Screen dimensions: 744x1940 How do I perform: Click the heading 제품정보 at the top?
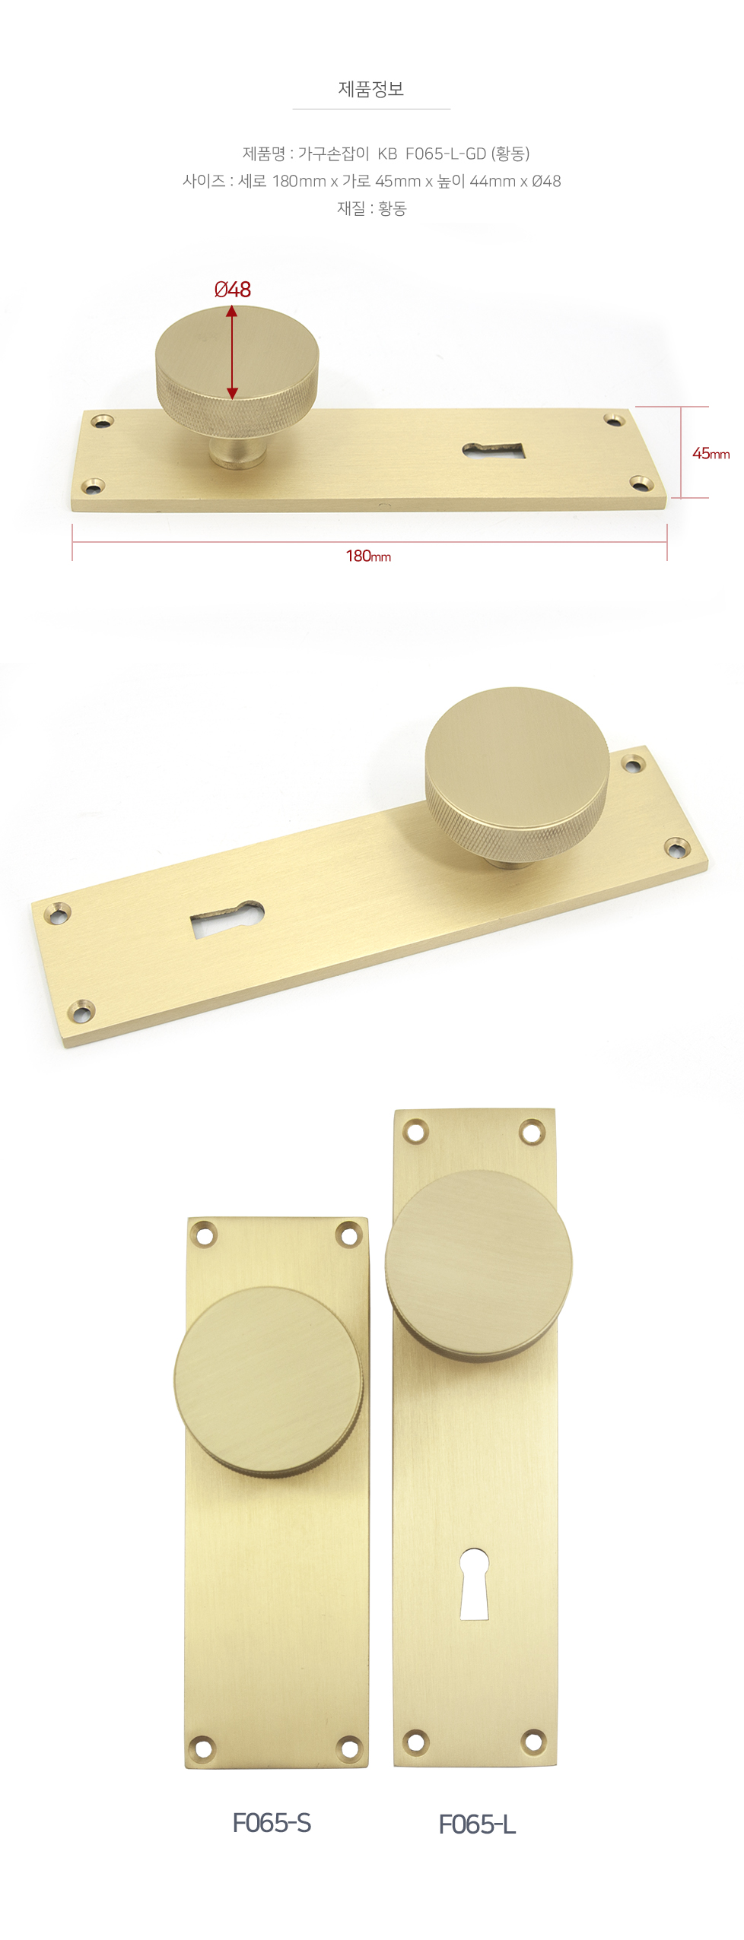[371, 89]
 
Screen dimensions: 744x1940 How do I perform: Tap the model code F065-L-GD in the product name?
[446, 154]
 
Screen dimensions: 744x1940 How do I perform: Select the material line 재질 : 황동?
[372, 208]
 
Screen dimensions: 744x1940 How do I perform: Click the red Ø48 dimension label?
[233, 289]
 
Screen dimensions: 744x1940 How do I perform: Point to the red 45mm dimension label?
[711, 453]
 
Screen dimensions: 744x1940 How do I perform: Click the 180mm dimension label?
[368, 556]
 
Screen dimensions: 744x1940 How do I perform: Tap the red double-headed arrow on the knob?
[232, 352]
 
